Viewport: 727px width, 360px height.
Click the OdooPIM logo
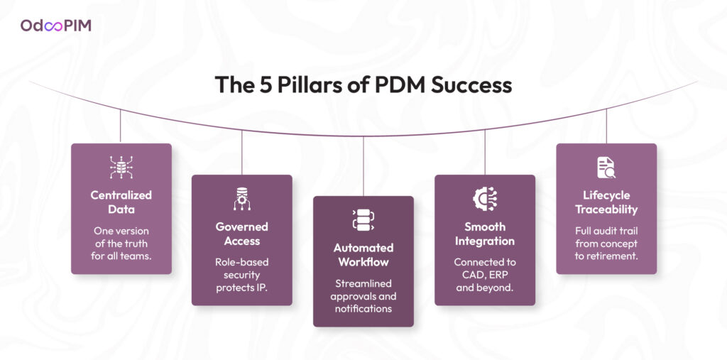55,26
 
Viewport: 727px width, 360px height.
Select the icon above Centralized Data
121,168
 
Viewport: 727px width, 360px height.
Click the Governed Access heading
241,234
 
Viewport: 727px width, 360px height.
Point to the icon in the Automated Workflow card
363,220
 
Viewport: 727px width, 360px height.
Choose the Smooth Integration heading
485,234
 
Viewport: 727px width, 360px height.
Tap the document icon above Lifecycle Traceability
606,168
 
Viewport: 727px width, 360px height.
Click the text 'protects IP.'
241,287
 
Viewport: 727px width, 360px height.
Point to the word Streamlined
363,283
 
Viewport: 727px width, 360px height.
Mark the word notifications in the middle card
363,309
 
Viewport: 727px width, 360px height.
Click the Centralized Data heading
121,202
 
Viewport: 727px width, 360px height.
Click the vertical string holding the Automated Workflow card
363,167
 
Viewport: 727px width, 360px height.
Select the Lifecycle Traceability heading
606,202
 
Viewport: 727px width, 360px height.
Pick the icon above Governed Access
241,200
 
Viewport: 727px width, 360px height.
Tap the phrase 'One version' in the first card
121,230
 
